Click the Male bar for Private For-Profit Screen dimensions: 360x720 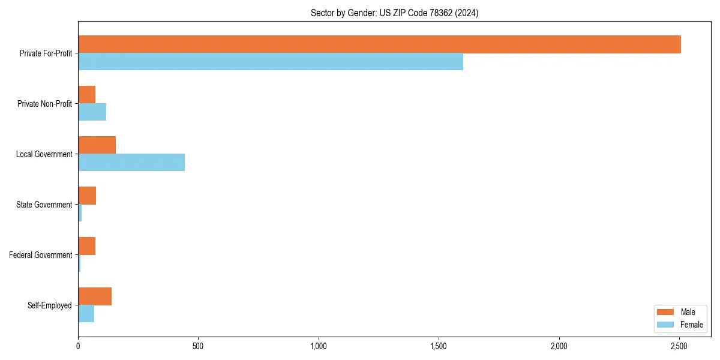point(379,44)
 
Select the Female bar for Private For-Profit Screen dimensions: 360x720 point(271,62)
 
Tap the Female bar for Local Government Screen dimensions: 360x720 point(131,163)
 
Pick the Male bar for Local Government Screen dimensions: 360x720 point(97,145)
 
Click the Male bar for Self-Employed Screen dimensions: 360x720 point(95,296)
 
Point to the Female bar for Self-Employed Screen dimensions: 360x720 point(86,314)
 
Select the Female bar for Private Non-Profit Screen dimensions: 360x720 point(92,112)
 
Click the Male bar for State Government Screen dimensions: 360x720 point(87,196)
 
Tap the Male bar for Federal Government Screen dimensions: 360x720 point(86,246)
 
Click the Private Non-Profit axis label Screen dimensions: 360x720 point(44,104)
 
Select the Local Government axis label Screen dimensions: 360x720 point(44,154)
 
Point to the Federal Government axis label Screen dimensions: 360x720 point(40,255)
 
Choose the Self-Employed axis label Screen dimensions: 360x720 point(49,305)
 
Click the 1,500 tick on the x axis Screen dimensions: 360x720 point(439,346)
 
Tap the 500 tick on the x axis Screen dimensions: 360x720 point(198,346)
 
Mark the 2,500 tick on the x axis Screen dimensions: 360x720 point(679,346)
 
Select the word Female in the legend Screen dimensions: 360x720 point(691,325)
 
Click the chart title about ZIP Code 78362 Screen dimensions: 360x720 point(394,13)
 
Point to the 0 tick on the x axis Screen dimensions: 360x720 point(78,346)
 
